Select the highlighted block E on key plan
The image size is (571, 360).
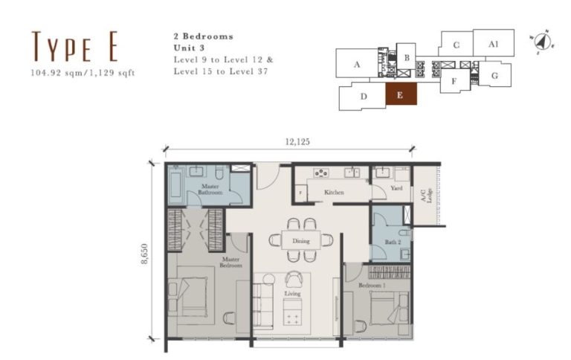[400, 95]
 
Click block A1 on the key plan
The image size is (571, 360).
[493, 44]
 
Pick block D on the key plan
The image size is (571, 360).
[363, 97]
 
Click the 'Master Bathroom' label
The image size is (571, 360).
[209, 190]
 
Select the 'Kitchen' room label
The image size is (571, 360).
[334, 192]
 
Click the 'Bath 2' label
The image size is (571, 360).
[393, 242]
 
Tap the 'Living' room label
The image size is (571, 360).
[292, 294]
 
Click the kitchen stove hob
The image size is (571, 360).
[321, 173]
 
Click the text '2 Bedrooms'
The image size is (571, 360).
[202, 36]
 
